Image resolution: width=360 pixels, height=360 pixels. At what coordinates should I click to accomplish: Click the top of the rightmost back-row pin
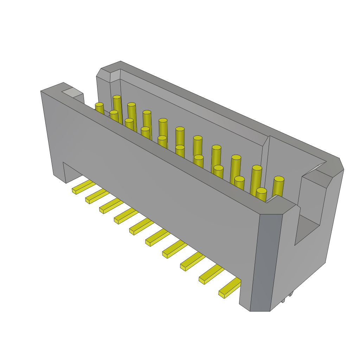click(279, 179)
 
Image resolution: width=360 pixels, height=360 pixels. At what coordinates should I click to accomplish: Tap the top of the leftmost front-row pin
click(99, 104)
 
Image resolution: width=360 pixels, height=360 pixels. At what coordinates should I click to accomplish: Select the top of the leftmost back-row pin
click(117, 97)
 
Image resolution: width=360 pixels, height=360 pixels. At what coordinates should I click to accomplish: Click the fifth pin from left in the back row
click(180, 129)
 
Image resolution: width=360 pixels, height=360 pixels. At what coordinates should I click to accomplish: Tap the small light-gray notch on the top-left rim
click(72, 92)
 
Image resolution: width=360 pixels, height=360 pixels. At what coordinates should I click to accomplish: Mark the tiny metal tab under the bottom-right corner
click(290, 294)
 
